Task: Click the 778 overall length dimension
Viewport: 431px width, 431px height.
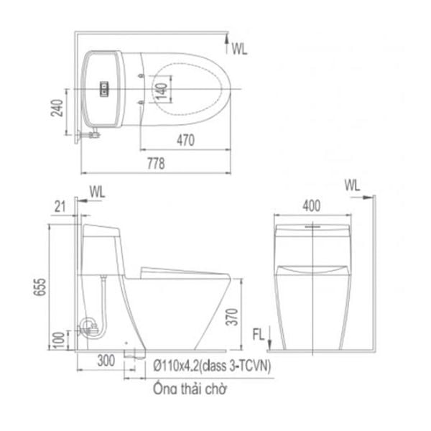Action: click(x=156, y=164)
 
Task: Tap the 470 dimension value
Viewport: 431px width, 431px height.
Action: click(x=185, y=140)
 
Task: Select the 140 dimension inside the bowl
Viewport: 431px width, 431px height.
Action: click(x=162, y=91)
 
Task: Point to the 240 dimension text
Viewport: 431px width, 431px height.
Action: click(x=57, y=108)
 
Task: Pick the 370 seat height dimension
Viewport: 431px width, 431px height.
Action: click(x=232, y=317)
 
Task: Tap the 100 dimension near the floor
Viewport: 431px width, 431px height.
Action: click(x=59, y=340)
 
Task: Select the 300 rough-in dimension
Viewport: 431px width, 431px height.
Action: click(x=106, y=361)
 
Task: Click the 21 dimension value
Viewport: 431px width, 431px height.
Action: click(x=60, y=207)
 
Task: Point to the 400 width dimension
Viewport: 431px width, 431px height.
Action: click(x=312, y=205)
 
